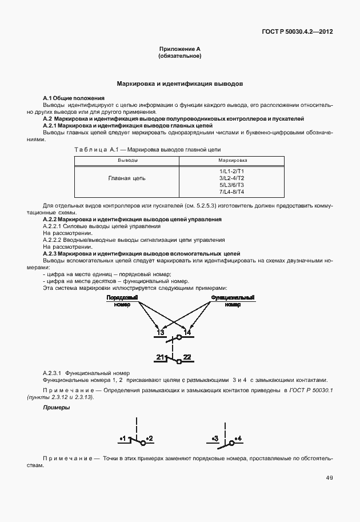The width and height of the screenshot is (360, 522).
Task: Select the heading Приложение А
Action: point(179,50)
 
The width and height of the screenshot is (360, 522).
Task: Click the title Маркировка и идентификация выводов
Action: point(180,83)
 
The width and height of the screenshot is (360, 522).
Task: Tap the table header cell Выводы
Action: point(127,161)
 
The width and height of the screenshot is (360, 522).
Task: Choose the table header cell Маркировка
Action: point(231,161)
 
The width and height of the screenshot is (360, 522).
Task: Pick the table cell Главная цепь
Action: point(127,178)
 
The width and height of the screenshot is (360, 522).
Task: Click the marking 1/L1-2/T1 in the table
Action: point(231,172)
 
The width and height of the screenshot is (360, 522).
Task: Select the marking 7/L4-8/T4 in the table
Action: point(231,192)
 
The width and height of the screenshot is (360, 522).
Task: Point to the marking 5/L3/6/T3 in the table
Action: point(231,185)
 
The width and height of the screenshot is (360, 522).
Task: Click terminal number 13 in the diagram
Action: point(161,332)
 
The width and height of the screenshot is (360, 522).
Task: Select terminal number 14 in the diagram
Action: point(187,332)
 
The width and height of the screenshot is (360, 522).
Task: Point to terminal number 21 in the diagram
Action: point(160,357)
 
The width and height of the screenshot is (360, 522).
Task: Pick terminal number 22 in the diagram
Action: point(187,357)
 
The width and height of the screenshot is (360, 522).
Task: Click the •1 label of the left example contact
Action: point(123,439)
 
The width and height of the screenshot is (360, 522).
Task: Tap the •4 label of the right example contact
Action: point(237,439)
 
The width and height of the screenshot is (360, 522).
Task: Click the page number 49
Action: point(329,477)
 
